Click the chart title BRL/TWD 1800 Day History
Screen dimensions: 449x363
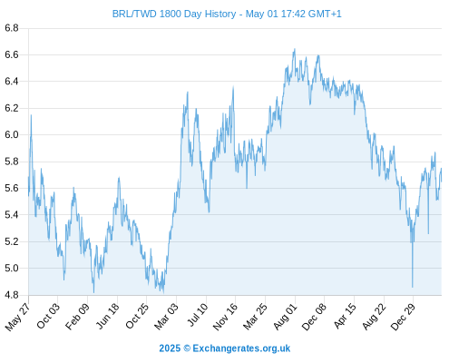[174, 14]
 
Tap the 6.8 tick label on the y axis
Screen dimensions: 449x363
[12, 28]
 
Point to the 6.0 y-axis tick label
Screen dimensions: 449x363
[12, 134]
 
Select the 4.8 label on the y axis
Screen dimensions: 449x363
[12, 295]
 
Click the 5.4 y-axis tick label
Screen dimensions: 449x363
[12, 215]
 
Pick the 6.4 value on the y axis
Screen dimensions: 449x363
[12, 82]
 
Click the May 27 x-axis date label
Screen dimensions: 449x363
[17, 317]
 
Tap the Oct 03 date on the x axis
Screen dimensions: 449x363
[48, 316]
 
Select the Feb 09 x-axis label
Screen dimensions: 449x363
[77, 316]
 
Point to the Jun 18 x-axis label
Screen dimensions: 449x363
[107, 316]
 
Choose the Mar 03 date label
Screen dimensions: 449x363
[166, 316]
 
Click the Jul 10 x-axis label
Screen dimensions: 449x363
[198, 315]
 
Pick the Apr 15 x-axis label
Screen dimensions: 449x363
[345, 316]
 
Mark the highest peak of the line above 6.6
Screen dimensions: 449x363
[295, 49]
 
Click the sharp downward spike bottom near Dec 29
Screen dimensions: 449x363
[413, 287]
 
